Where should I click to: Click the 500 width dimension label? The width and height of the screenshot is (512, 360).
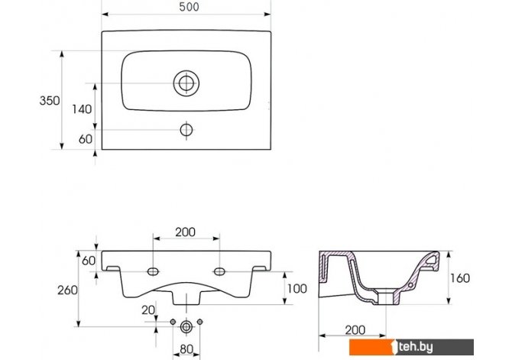(x=189, y=7)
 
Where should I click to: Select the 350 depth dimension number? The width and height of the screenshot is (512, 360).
(x=50, y=100)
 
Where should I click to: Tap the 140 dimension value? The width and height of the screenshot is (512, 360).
(x=82, y=109)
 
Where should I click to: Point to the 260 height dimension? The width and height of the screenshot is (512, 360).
(x=67, y=290)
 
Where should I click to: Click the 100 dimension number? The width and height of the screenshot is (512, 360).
(x=297, y=288)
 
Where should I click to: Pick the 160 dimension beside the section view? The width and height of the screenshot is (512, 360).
(x=460, y=278)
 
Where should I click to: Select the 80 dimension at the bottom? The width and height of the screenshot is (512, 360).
(x=186, y=349)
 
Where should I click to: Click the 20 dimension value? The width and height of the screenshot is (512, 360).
(x=148, y=310)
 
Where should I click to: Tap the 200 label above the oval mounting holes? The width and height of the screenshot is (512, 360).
(x=186, y=232)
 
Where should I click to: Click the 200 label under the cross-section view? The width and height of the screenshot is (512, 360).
(x=355, y=330)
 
